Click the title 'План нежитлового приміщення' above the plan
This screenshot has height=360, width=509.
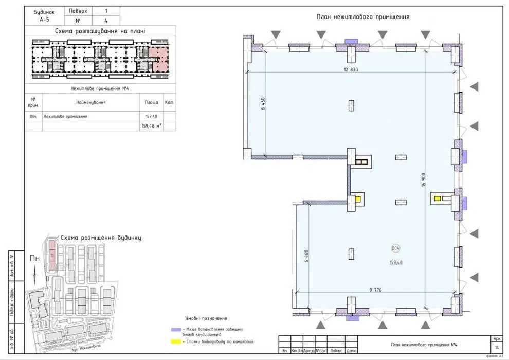coord(362,17)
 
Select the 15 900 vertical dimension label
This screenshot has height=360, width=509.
coord(424,179)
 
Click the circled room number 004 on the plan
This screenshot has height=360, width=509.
coord(396,248)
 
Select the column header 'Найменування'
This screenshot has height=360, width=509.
coord(90,102)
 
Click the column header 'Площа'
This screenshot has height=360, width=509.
coord(151,102)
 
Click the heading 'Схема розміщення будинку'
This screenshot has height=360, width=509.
coord(101,238)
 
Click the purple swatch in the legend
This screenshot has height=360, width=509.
coord(175,329)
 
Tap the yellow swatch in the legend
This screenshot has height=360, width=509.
coord(175,341)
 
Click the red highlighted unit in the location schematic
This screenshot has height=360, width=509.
coord(158,58)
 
